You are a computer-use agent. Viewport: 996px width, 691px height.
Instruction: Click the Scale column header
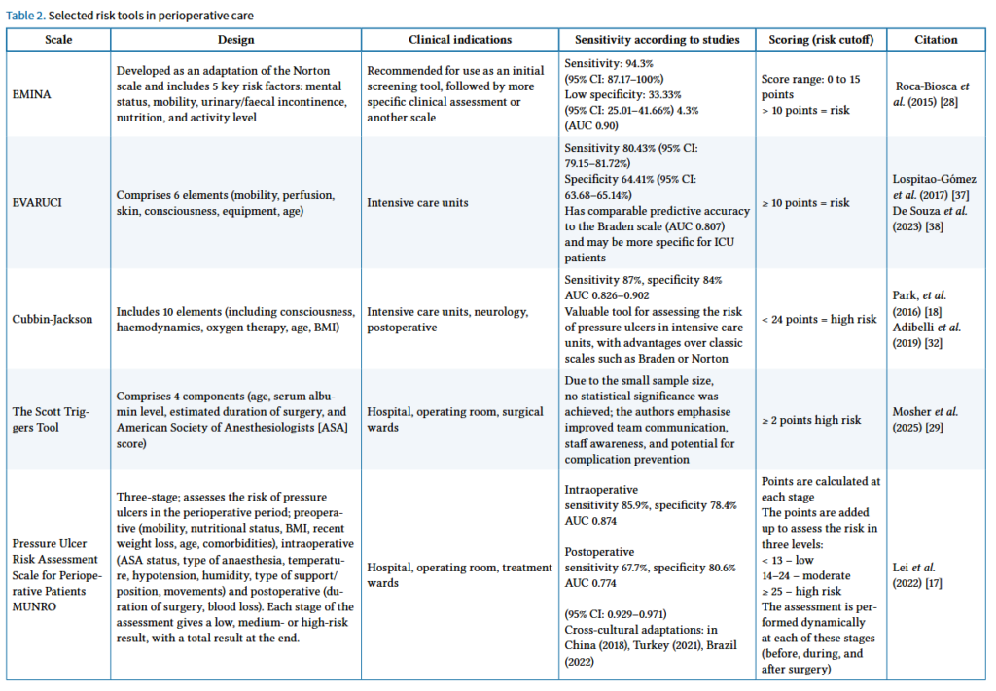pos(57,40)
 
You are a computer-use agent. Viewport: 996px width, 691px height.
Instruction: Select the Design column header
pos(235,40)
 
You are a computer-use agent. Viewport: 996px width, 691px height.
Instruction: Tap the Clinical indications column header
pos(460,40)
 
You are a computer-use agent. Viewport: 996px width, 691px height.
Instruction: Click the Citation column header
pos(936,40)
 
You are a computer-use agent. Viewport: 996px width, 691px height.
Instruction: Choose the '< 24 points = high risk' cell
pos(820,319)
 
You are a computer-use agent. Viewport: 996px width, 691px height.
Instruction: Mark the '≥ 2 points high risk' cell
pos(812,420)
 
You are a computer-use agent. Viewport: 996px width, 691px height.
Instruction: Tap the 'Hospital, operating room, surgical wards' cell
pos(455,420)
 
